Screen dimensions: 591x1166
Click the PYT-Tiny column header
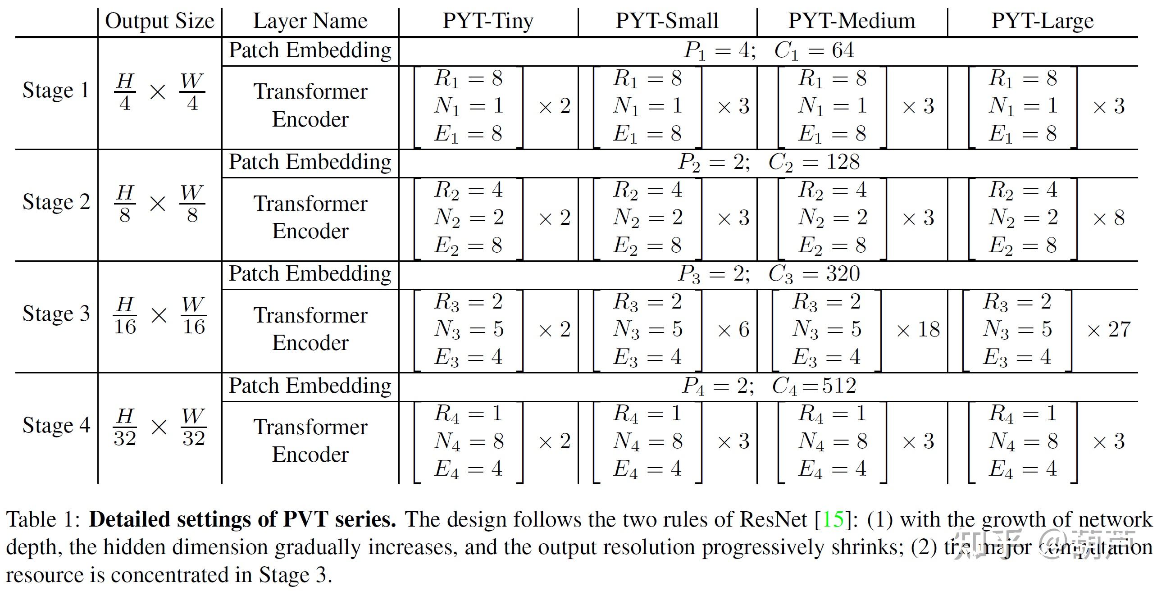coord(488,21)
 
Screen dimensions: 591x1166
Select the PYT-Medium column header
coord(852,21)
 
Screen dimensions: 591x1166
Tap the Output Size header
coord(159,21)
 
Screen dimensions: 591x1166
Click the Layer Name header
coord(310,21)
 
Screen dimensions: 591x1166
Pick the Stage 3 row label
coord(56,314)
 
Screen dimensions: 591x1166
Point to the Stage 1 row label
coord(56,90)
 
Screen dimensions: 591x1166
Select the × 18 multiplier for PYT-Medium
coord(918,329)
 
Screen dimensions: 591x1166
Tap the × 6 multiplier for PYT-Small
coord(733,329)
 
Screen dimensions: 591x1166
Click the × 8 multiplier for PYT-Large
coord(1108,218)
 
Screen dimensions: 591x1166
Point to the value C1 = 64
coord(814,50)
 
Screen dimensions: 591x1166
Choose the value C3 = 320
coord(814,274)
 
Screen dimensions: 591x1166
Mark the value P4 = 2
coord(717,386)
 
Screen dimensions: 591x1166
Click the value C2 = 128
coord(814,162)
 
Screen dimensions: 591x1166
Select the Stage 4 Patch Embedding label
coord(310,386)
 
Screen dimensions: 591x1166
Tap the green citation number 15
coord(833,519)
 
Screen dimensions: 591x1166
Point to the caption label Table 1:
coord(43,519)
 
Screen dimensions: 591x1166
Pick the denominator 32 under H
coord(125,438)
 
